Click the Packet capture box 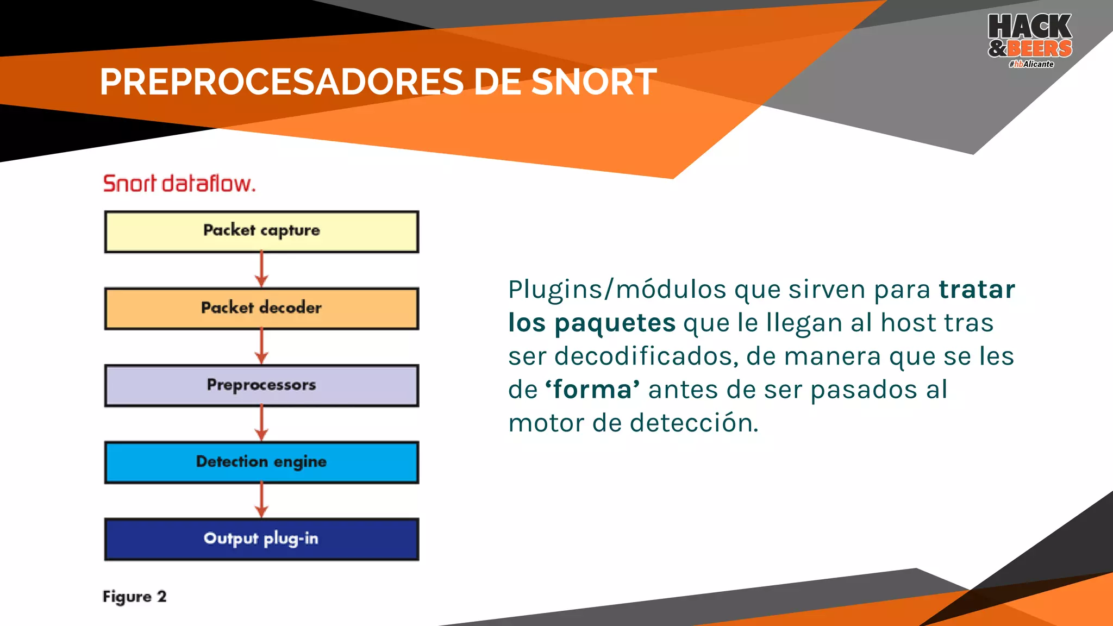tap(261, 231)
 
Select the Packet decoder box tap(261, 309)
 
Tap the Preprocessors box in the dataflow tap(261, 385)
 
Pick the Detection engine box tap(261, 462)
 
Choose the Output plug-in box tap(261, 539)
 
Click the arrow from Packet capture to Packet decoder tap(261, 270)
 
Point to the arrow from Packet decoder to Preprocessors tap(261, 346)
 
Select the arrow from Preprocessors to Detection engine tap(261, 423)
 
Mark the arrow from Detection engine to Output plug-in tap(261, 500)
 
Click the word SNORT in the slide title tap(593, 83)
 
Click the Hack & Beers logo tap(1030, 37)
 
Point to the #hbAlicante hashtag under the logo tap(1031, 64)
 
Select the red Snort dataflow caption tap(179, 184)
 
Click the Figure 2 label tap(134, 597)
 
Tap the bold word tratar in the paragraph tap(977, 290)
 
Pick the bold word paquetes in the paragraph tap(615, 323)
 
